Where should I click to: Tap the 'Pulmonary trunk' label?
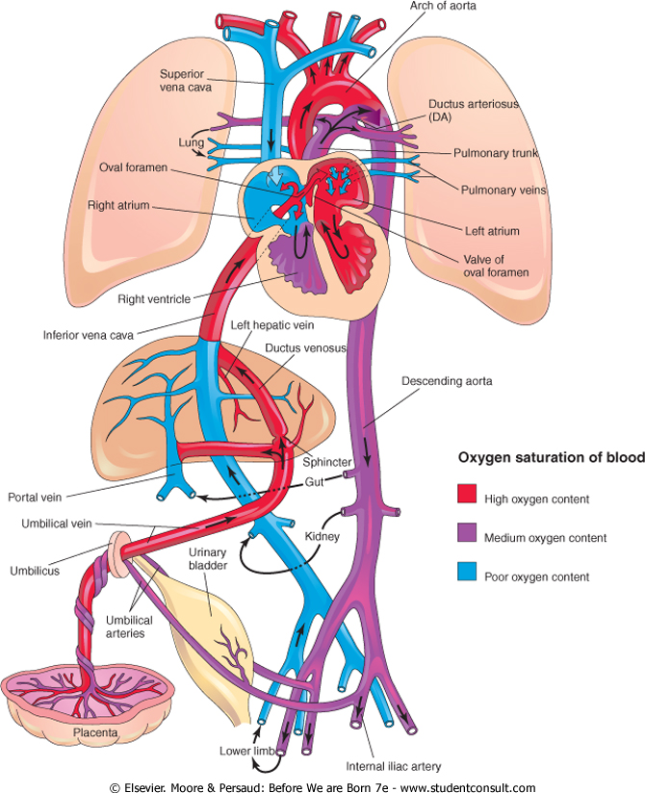pyautogui.click(x=496, y=152)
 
